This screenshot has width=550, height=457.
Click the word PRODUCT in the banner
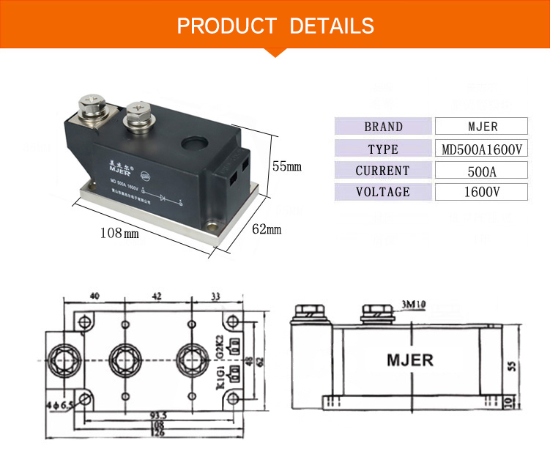[x=226, y=26]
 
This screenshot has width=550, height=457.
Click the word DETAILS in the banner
[x=332, y=26]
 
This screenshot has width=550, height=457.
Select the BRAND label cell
[x=383, y=127]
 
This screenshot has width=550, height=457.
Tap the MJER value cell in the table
[x=481, y=127]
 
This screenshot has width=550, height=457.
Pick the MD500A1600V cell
[x=481, y=149]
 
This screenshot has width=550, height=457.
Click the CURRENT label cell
[x=383, y=171]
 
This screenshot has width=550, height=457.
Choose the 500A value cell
[x=481, y=171]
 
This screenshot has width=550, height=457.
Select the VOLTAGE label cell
[x=383, y=192]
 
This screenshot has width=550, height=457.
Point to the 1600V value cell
[x=481, y=192]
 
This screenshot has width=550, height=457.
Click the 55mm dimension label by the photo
[x=286, y=166]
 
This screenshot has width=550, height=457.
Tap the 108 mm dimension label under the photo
[x=119, y=234]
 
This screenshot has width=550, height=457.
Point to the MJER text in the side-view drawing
[x=409, y=360]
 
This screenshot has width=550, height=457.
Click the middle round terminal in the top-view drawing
[x=125, y=358]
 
